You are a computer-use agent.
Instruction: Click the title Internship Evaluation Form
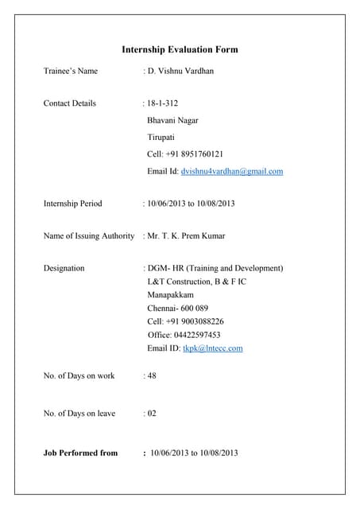(x=180, y=49)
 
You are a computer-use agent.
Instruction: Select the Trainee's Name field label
(x=71, y=71)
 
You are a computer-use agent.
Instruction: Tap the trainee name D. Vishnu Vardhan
(x=180, y=71)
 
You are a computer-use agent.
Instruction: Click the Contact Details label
(x=70, y=103)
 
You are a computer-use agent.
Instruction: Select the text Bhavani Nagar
(x=172, y=121)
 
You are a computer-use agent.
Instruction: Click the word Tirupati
(x=162, y=138)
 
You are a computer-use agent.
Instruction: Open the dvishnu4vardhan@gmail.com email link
(x=232, y=171)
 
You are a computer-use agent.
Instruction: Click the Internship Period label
(x=73, y=204)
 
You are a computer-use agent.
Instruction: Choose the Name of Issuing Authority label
(x=89, y=236)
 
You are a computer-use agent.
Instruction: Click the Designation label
(x=64, y=268)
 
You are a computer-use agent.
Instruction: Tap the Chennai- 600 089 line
(x=177, y=308)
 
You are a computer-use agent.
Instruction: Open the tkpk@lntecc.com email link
(x=213, y=348)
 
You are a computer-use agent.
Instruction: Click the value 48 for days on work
(x=151, y=375)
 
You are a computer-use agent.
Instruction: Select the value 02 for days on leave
(x=151, y=414)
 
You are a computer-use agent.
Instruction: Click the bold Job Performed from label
(x=80, y=453)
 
